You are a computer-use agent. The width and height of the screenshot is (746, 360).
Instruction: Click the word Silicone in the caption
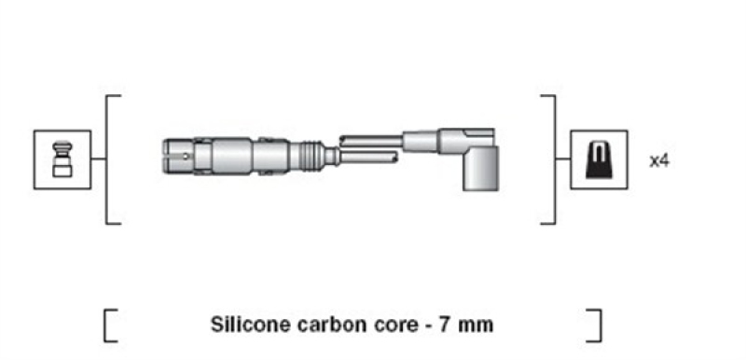[x=245, y=325]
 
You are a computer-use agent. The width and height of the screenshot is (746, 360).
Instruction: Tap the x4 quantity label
[x=659, y=160]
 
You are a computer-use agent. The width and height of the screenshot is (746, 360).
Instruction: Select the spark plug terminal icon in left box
[x=62, y=159]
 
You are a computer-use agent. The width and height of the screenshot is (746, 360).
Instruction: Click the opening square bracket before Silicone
[x=109, y=325]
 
